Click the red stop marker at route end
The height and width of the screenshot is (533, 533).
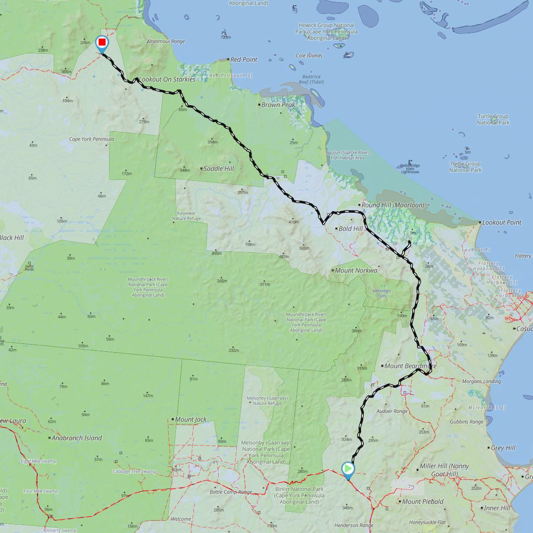click(102, 43)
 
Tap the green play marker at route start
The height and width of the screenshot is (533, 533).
click(348, 469)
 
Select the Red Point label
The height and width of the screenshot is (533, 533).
click(244, 60)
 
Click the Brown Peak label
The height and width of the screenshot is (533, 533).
click(278, 105)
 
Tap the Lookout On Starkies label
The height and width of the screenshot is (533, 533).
click(167, 80)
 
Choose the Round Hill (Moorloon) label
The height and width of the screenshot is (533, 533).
click(393, 205)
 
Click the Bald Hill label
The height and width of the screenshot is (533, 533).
click(350, 229)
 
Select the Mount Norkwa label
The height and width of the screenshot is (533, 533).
click(356, 270)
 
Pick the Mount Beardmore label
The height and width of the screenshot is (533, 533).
click(410, 366)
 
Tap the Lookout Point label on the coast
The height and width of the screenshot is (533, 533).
click(501, 223)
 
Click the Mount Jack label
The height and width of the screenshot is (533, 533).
click(191, 419)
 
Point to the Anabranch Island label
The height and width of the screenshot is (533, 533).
click(76, 438)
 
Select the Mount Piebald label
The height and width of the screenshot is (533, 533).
click(422, 502)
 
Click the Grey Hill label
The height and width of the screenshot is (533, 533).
click(503, 448)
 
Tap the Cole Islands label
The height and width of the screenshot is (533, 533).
click(309, 56)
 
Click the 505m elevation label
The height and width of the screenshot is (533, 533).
click(304, 248)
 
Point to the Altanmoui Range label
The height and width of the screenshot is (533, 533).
click(165, 41)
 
